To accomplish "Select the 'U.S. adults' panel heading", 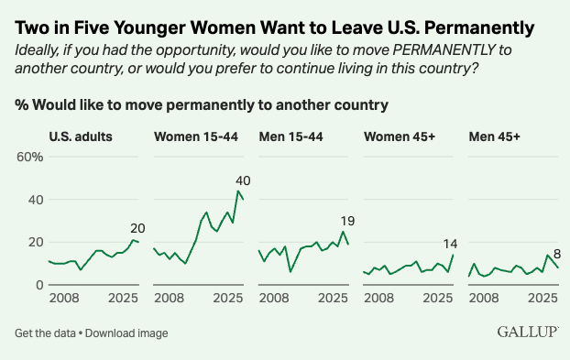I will (81, 136).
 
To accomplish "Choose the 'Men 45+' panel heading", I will (494, 136).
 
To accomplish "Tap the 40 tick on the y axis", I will (36, 200).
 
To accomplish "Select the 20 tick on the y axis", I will (36, 243).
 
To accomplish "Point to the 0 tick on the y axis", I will (39, 285).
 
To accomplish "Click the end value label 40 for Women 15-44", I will (243, 180).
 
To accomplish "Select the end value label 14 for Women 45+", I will (450, 243).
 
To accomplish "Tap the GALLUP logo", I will (528, 332).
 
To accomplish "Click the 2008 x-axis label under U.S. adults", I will (63, 299).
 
